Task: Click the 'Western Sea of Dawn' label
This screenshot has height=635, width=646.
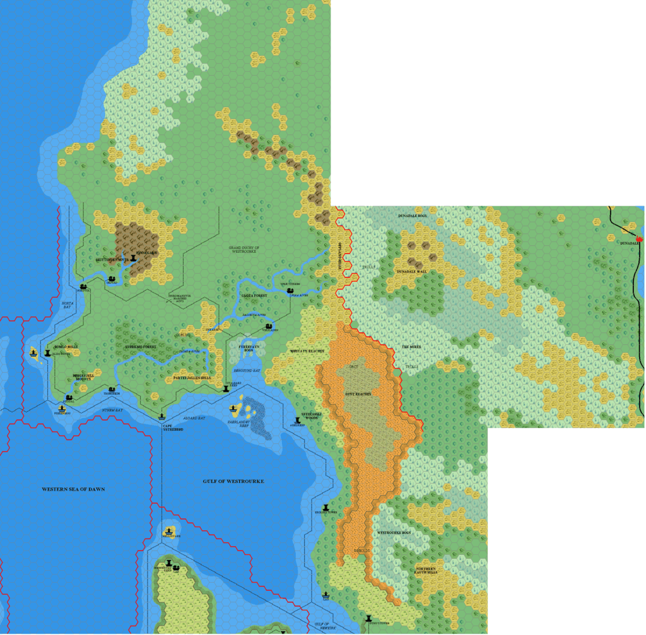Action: pos(73,489)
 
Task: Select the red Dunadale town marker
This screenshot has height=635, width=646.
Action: pos(640,239)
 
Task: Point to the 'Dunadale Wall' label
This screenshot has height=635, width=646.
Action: pos(411,271)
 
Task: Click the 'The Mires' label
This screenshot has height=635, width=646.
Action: pos(411,347)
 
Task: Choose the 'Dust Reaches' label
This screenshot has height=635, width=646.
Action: pos(357,393)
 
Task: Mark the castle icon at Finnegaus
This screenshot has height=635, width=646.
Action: pos(133,258)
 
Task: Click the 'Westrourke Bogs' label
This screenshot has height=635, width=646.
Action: pos(394,533)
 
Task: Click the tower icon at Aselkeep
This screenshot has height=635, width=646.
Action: pos(298,419)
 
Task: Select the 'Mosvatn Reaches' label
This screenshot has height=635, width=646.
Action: pos(307,351)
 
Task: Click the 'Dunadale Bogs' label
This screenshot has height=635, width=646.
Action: pos(413,216)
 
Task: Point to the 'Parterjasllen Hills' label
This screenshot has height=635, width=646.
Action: pos(191,378)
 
